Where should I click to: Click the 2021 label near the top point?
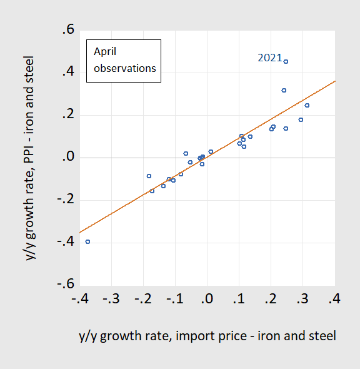point(269,58)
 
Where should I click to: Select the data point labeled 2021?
point(286,61)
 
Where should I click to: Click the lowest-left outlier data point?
point(87,241)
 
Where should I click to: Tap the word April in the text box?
point(106,52)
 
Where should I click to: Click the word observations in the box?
point(124,68)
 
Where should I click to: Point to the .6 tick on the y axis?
point(66,31)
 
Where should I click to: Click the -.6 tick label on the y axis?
point(63,285)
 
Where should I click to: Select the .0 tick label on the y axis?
point(66,158)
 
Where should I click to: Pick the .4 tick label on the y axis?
point(66,73)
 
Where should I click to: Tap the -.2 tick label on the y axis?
point(63,200)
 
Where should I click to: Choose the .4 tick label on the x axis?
point(335,298)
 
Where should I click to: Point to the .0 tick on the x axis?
point(207,298)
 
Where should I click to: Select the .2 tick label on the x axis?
point(271,298)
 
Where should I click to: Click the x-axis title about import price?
point(207,336)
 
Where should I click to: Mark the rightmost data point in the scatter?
point(307,105)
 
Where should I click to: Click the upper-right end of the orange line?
point(335,81)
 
